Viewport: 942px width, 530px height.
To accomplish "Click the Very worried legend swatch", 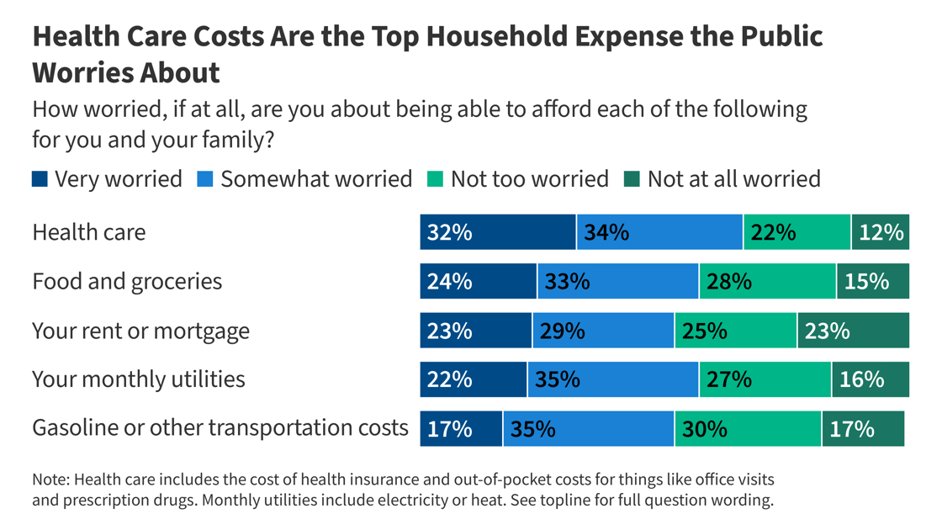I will (40, 179).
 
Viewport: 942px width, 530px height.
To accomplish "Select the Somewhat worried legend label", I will (316, 179).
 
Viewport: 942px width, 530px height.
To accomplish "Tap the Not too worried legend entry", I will (529, 179).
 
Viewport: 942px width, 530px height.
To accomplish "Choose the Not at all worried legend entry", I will (733, 179).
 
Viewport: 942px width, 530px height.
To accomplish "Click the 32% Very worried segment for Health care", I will (498, 232).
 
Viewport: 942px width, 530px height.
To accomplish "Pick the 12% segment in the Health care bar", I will (880, 232).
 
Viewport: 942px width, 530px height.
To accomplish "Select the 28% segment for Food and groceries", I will (767, 281).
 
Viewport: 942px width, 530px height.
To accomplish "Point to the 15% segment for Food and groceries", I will (872, 281).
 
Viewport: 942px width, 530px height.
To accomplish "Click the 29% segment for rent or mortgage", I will (603, 331).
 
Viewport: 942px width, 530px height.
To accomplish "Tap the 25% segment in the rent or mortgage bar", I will (735, 331).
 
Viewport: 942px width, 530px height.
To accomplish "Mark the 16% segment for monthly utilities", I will (870, 379).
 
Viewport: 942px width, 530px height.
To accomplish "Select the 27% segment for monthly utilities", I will (765, 379).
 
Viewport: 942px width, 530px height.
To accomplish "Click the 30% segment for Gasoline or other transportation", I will (748, 429).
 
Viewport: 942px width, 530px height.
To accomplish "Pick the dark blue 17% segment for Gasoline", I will (461, 429).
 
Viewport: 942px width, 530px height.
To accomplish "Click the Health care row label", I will (88, 232).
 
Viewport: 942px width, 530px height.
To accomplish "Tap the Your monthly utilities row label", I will (139, 379).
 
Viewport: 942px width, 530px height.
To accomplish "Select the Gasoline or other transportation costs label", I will (220, 428).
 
